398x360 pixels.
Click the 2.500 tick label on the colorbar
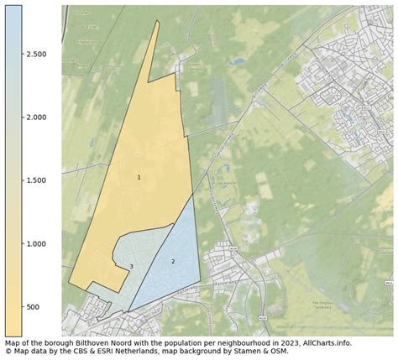(35, 54)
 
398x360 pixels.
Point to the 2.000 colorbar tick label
(35, 117)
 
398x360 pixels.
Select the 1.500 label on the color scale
(35, 180)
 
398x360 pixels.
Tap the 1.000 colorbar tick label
(35, 243)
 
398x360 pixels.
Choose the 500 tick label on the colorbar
(33, 307)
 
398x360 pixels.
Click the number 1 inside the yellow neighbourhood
(139, 177)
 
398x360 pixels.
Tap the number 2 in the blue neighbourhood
(173, 261)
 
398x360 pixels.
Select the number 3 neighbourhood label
(131, 267)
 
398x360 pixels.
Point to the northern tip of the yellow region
(157, 22)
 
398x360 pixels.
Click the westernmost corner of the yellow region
(69, 283)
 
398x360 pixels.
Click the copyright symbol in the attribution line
(8, 351)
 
